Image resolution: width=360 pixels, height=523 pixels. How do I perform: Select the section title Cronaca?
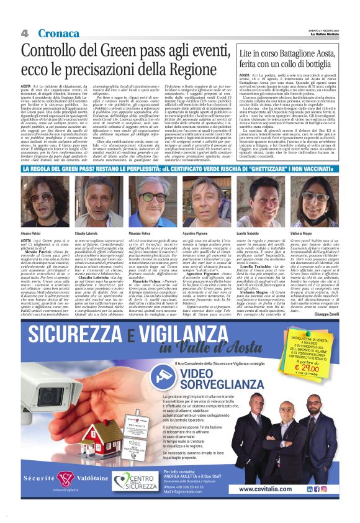tap(58, 33)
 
